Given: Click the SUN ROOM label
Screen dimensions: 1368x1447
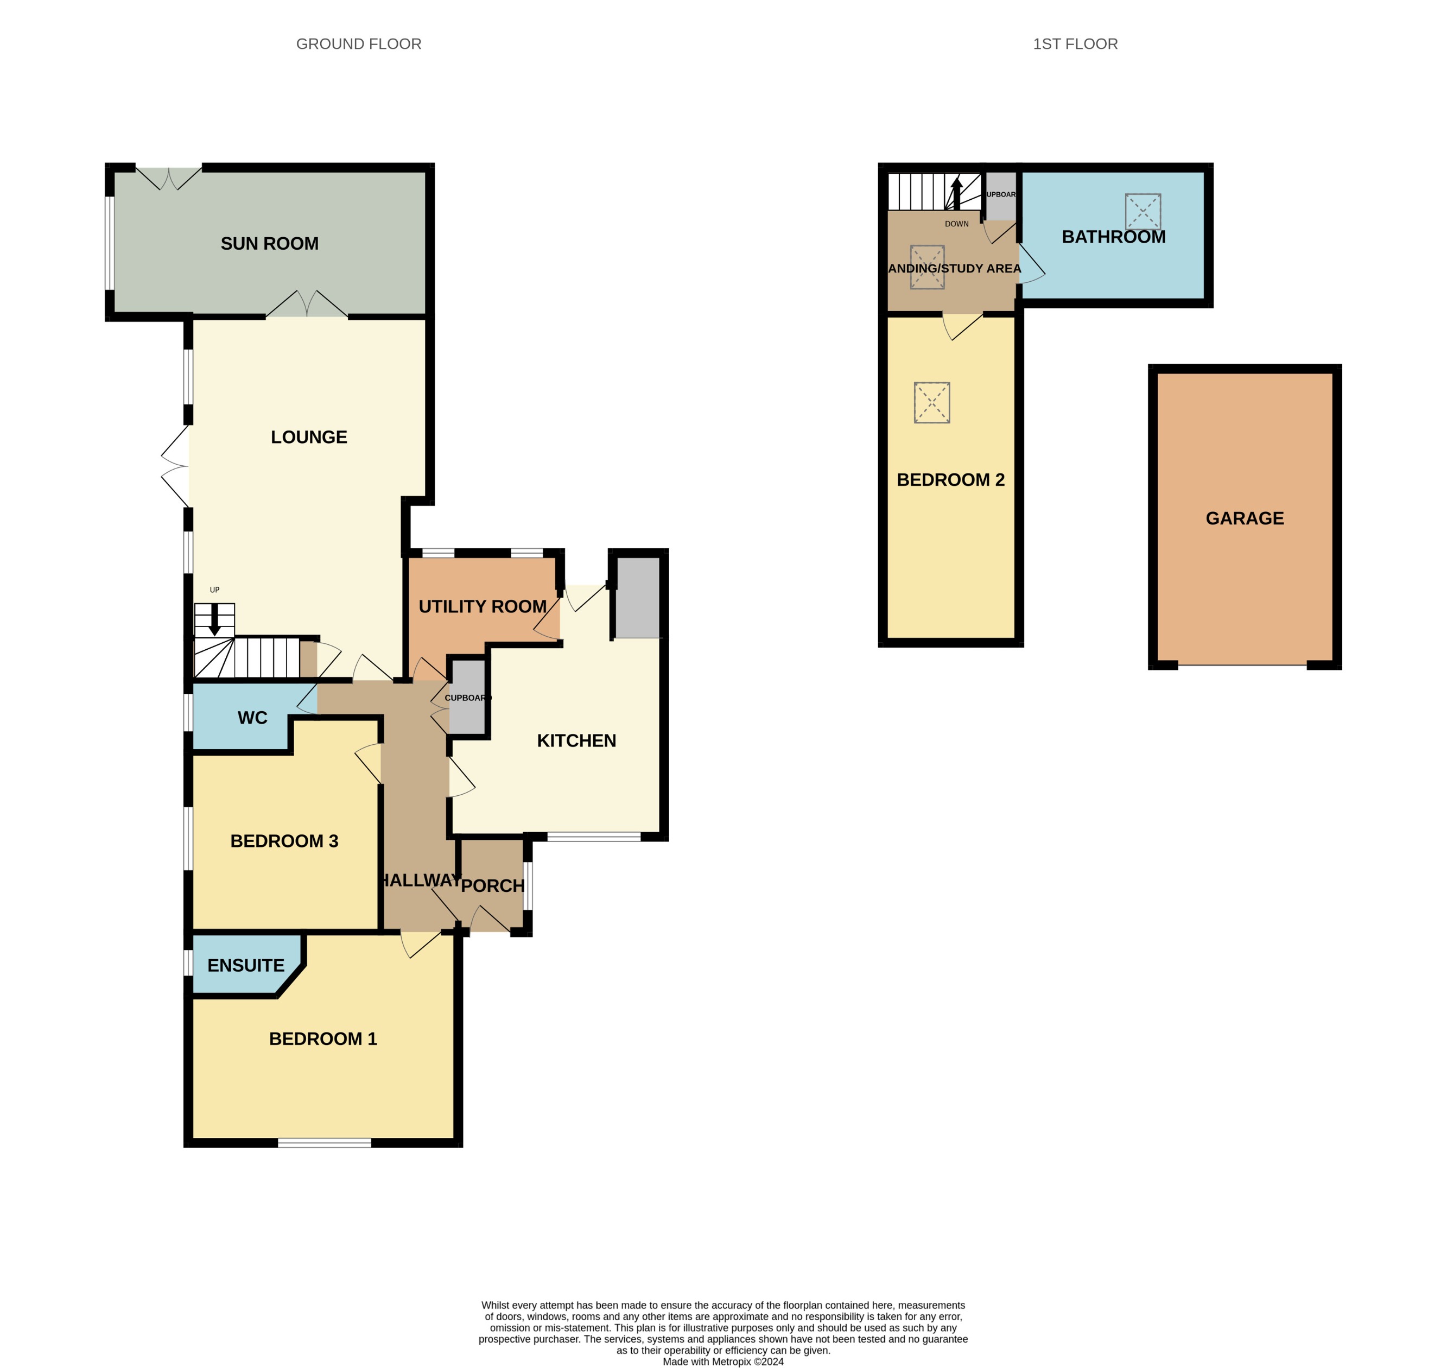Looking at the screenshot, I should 269,244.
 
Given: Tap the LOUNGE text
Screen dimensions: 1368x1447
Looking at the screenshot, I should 308,437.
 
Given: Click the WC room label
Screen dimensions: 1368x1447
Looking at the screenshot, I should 252,718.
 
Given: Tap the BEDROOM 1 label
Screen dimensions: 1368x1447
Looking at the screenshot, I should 322,1038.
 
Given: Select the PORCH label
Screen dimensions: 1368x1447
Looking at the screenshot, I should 492,885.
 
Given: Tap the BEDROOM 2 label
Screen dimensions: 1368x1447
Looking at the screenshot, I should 950,479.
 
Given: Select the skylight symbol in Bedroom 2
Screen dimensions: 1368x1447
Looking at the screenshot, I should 931,402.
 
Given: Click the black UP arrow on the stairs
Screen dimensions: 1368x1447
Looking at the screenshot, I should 214,619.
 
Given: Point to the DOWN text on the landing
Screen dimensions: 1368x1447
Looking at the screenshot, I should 956,224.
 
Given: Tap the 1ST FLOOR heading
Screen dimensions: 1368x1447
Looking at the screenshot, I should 1075,44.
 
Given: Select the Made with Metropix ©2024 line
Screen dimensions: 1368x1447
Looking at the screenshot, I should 722,1361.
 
